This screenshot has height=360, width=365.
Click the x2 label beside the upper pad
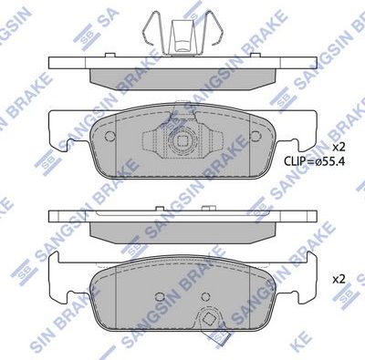(339, 147)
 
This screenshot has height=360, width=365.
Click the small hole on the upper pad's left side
(109, 139)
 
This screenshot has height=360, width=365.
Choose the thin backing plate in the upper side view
(183, 62)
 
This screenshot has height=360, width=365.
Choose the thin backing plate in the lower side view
(183, 217)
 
